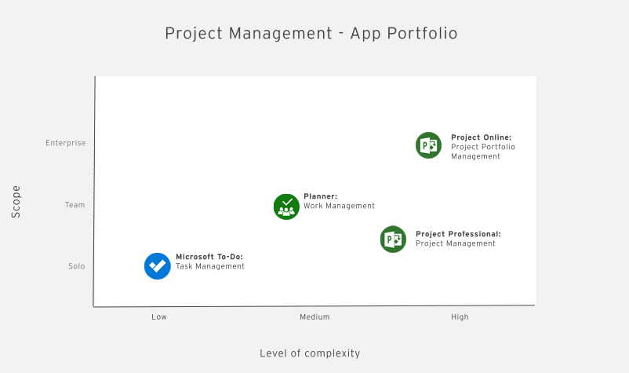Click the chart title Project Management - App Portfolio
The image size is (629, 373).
311,33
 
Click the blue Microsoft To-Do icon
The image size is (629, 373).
158,265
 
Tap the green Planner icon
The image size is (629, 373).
286,206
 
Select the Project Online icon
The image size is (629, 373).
428,145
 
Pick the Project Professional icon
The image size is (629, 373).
393,239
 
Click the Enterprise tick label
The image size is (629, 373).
66,143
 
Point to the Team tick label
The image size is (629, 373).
75,205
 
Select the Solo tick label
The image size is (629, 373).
76,266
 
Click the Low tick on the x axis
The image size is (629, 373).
159,317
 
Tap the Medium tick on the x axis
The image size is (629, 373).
314,317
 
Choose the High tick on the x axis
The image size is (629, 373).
460,317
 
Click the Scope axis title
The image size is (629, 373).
16,201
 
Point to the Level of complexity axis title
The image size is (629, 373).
310,353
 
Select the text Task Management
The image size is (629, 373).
210,266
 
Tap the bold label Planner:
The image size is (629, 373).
320,196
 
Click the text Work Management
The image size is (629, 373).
339,206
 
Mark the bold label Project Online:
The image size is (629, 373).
481,137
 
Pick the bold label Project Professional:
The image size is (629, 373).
458,234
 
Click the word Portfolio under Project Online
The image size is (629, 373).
499,147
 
